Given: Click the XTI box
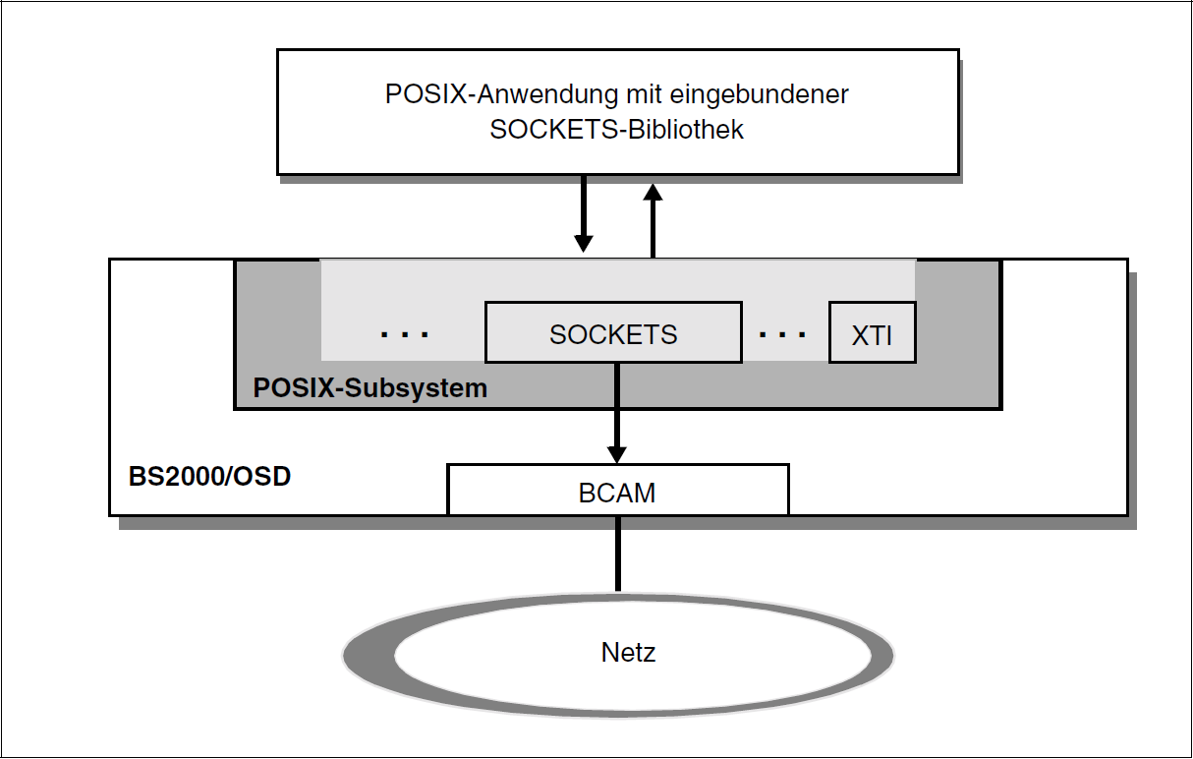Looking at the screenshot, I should coord(872,333).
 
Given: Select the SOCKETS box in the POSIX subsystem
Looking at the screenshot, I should coord(613,333).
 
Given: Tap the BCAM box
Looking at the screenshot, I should coord(617,490).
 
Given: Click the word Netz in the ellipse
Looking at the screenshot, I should coord(628,652).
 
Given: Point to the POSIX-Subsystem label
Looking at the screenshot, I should coord(369,387).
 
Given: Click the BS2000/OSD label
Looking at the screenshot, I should coord(209,478).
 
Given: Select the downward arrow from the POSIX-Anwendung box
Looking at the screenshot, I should coord(584,211).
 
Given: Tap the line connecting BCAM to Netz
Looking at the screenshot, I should coord(617,553).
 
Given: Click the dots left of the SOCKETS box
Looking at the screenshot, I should coord(405,335).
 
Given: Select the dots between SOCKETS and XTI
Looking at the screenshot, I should coord(783,335).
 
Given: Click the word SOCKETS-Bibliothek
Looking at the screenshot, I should coord(616,130).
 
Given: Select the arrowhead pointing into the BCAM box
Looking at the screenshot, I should coord(616,453).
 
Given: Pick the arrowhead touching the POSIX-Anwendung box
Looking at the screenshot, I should coord(652,189).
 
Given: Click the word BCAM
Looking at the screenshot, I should coord(617,492).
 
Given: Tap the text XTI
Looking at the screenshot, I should coord(872,335).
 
